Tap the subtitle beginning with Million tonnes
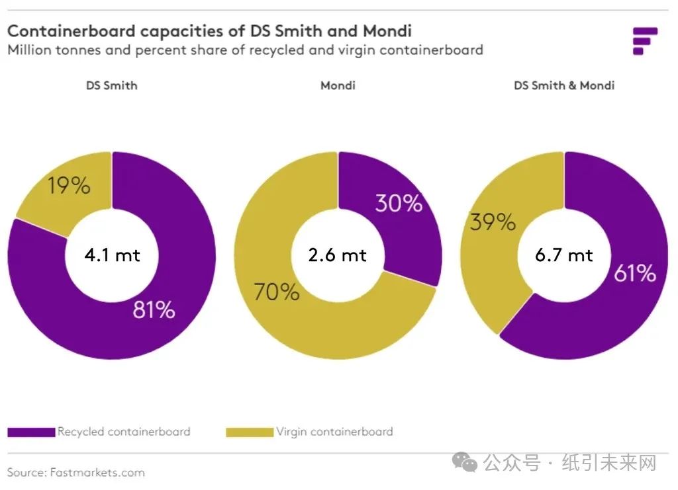click(245, 50)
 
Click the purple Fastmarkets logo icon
click(644, 40)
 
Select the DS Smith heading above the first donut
click(111, 85)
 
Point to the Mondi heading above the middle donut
click(338, 85)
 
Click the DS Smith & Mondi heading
click(564, 85)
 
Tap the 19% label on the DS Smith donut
click(69, 186)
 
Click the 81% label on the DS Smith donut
click(154, 309)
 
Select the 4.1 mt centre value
click(112, 255)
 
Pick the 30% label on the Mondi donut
click(399, 203)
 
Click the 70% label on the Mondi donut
click(276, 292)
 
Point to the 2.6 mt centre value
click(338, 255)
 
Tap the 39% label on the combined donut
click(493, 222)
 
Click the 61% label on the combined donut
click(634, 272)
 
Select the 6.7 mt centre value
click(564, 255)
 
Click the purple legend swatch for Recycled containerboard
click(31, 432)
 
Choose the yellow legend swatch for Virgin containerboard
click(250, 432)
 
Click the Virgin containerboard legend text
click(334, 432)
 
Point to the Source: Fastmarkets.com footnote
click(76, 472)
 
